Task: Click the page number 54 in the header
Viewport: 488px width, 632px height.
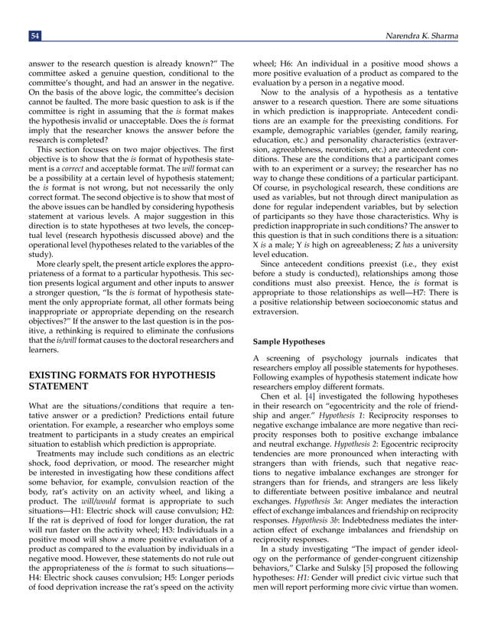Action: coord(34,35)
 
